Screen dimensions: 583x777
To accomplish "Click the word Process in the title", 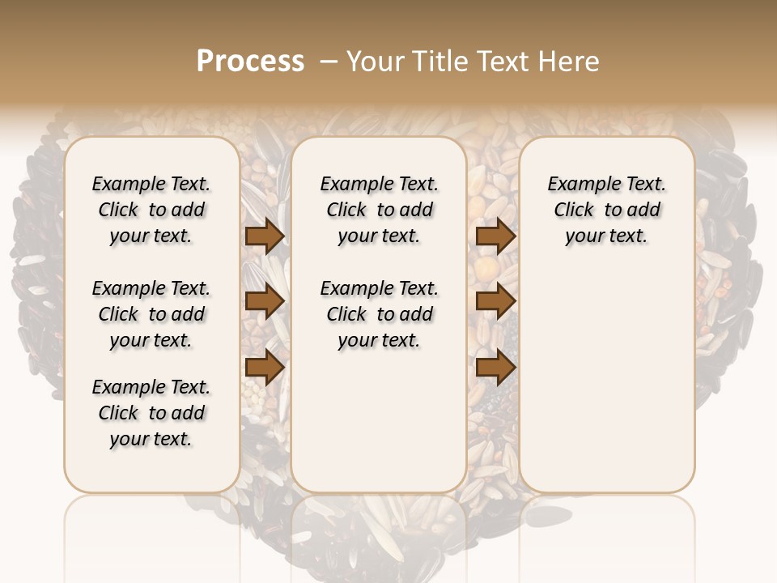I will (x=250, y=62).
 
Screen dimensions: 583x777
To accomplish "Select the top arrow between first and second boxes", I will (x=264, y=236).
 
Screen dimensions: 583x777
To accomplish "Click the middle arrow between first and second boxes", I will (x=264, y=301).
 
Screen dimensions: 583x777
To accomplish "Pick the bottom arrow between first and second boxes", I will (x=264, y=368).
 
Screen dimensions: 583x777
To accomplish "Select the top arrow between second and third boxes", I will (x=495, y=236).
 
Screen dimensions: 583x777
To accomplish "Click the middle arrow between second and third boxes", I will (x=495, y=301).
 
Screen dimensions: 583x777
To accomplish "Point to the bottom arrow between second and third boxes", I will (x=495, y=368).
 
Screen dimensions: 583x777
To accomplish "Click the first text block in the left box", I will (x=151, y=210).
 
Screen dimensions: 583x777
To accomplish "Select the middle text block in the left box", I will (x=151, y=314).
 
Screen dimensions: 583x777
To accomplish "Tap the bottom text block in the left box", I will (x=151, y=413).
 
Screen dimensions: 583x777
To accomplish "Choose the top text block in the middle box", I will (x=379, y=210).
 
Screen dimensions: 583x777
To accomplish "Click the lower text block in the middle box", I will (x=379, y=314).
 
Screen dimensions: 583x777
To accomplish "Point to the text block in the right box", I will (x=606, y=210).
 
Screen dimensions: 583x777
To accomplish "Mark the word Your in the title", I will (x=373, y=62).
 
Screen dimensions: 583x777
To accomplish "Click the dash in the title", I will (x=328, y=62).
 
